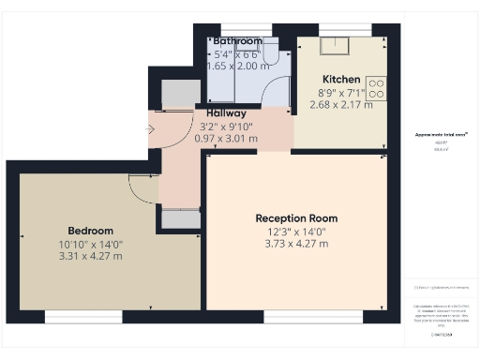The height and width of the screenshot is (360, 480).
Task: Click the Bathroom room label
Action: point(237,42)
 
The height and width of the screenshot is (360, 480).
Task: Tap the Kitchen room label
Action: point(340,79)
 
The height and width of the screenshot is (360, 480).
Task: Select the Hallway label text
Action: point(220,113)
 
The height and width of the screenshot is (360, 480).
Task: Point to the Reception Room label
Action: point(296,218)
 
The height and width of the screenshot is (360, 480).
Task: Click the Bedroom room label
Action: point(90,231)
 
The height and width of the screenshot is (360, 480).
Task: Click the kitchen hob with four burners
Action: point(377,87)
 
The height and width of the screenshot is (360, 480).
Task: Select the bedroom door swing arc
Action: point(142,190)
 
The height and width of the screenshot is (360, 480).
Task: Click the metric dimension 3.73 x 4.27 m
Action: point(296,244)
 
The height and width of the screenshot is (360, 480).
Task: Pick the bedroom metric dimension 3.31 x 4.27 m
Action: point(90,255)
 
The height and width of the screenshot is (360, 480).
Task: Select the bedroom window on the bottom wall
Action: point(70,317)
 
